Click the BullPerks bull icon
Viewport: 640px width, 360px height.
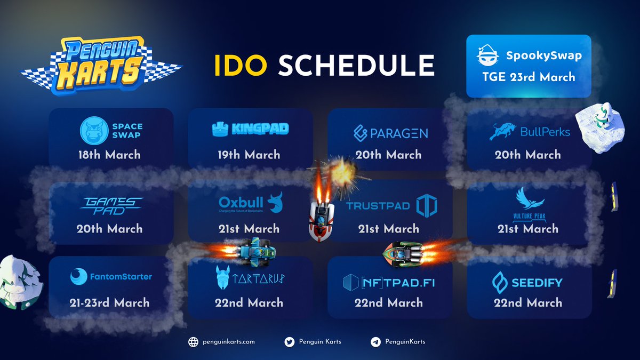(503, 131)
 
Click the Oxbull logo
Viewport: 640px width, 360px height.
(250, 204)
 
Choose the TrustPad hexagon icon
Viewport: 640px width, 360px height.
(427, 206)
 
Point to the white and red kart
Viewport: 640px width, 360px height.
(321, 218)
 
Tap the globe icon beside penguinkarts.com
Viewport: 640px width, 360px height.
(193, 342)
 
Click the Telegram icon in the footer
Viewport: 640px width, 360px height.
(375, 342)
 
